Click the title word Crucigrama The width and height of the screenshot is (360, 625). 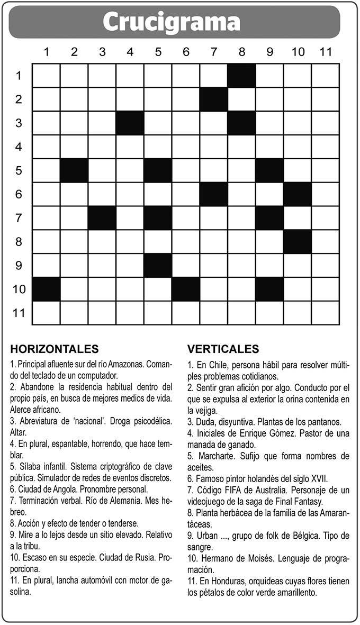coord(172,22)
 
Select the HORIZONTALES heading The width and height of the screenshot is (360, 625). coord(54,349)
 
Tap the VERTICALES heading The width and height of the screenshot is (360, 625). coord(223,349)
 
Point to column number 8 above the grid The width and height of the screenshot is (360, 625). coord(242,52)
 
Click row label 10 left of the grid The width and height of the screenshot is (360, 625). coord(19,289)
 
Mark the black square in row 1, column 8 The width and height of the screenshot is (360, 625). coord(242,75)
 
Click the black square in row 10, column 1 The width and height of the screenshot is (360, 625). coord(46,289)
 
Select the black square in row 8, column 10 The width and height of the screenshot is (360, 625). coord(298,241)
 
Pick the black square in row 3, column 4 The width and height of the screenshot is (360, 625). coord(130,123)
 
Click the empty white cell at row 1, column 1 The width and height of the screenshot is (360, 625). coord(46,75)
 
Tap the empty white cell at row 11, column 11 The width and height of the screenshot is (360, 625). coord(325,313)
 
